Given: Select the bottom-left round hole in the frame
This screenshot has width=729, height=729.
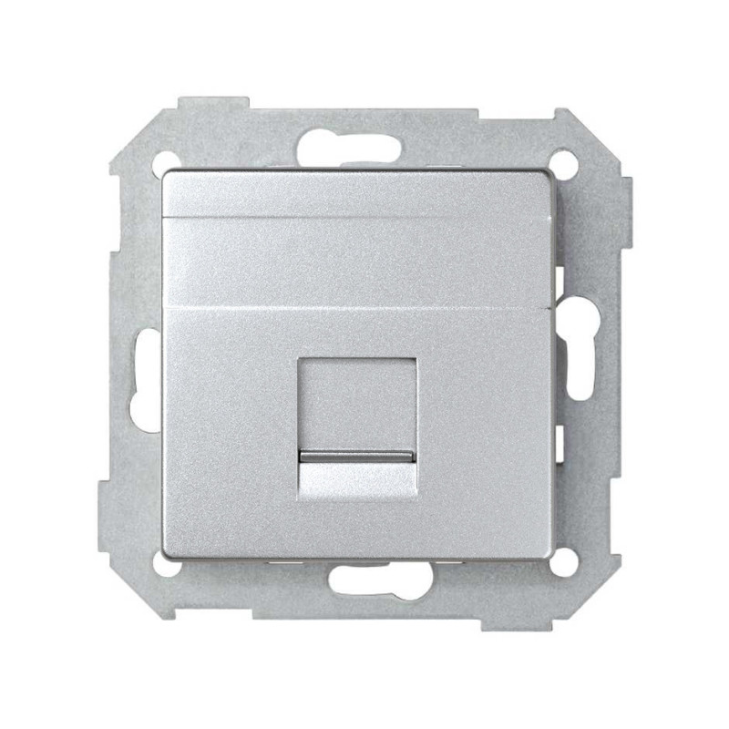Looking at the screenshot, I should pyautogui.click(x=164, y=563).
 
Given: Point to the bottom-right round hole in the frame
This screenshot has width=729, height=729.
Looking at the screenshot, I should pyautogui.click(x=565, y=562).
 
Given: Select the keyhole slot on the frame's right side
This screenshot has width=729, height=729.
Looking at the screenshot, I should pyautogui.click(x=580, y=351).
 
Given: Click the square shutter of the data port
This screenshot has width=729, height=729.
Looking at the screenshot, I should pyautogui.click(x=357, y=401).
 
